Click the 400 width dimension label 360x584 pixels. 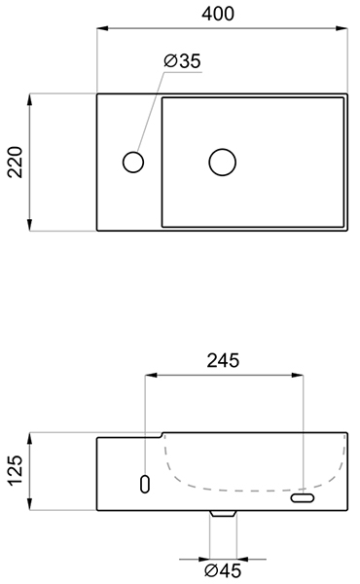pos(218,14)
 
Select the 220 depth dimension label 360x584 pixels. pos(16,162)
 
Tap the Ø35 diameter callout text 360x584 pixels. pos(182,61)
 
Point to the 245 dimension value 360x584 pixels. pos(223,360)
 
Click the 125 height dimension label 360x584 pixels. pos(16,470)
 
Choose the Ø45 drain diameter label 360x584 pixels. pos(223,570)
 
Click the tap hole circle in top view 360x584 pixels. pos(133,162)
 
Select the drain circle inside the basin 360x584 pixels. pos(222,162)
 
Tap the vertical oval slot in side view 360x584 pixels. pos(145,484)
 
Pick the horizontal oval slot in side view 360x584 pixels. pos(303,498)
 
